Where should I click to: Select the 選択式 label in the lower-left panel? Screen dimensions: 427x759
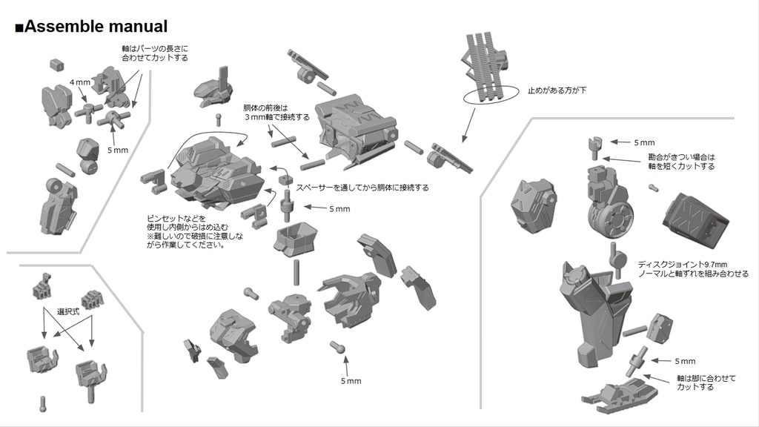(x=67, y=312)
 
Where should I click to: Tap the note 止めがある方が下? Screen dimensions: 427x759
(x=557, y=90)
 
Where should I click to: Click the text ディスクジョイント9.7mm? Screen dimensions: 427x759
(x=683, y=264)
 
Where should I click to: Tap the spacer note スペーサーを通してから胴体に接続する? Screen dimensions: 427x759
(x=362, y=188)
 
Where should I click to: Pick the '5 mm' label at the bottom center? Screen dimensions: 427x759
(x=351, y=381)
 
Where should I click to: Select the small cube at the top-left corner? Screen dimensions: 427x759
(x=56, y=64)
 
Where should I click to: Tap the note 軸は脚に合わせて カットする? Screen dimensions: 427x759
(x=707, y=383)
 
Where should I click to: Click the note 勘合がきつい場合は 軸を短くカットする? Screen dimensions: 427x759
(x=680, y=162)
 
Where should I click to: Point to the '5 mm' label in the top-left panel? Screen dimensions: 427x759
(x=118, y=150)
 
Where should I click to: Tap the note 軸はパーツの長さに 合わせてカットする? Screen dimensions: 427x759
(x=155, y=53)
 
